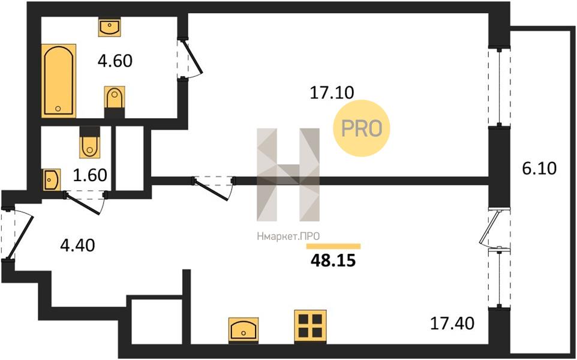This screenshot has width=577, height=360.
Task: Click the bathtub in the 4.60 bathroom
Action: pos(59,80)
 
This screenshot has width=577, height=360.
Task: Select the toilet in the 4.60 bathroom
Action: pos(115,102)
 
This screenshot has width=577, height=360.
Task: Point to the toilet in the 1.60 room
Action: pos(89,142)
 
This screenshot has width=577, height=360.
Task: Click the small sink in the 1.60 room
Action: pos(52,180)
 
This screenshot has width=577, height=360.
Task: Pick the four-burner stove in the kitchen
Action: pos(310,326)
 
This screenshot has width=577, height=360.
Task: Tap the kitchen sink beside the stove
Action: pos(244,330)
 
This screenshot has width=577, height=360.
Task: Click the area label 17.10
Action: pos(332,93)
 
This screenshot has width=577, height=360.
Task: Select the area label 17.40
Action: pos(452,323)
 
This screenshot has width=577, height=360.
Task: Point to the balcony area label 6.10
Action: pos(539,168)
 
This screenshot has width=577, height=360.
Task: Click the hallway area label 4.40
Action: pos(77,245)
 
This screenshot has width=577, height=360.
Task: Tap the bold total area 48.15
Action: pos(333,260)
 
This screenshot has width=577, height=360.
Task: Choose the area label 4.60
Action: pos(115,61)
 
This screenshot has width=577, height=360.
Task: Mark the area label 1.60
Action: pos(90,175)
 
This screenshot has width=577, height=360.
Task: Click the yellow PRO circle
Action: pos(361,128)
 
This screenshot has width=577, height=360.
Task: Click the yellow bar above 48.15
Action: pos(333,247)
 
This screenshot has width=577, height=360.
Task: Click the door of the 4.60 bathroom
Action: pos(193,58)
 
